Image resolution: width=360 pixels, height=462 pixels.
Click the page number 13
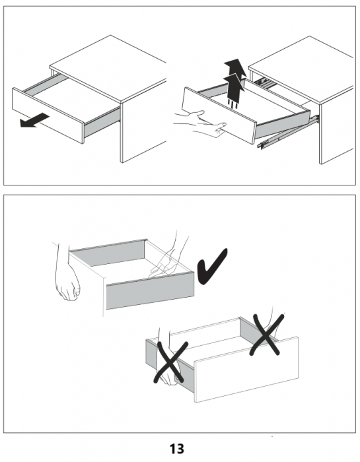[176, 449]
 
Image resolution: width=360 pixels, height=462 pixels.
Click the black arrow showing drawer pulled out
[34, 121]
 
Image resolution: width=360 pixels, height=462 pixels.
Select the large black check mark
[212, 267]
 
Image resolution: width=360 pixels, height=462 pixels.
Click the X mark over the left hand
[171, 362]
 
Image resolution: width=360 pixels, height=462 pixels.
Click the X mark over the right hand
[266, 335]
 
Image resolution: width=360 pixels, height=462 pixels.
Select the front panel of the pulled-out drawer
[48, 115]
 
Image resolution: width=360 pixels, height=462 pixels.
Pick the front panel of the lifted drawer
[219, 115]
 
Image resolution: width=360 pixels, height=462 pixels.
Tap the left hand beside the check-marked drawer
[67, 274]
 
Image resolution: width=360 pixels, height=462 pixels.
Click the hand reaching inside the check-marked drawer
[168, 256]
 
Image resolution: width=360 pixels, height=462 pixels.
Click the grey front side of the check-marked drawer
[150, 291]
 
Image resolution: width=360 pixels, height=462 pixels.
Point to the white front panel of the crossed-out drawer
[246, 369]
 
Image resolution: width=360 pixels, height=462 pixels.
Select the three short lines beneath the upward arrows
[233, 104]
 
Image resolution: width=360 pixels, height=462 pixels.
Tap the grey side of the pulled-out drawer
[102, 123]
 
